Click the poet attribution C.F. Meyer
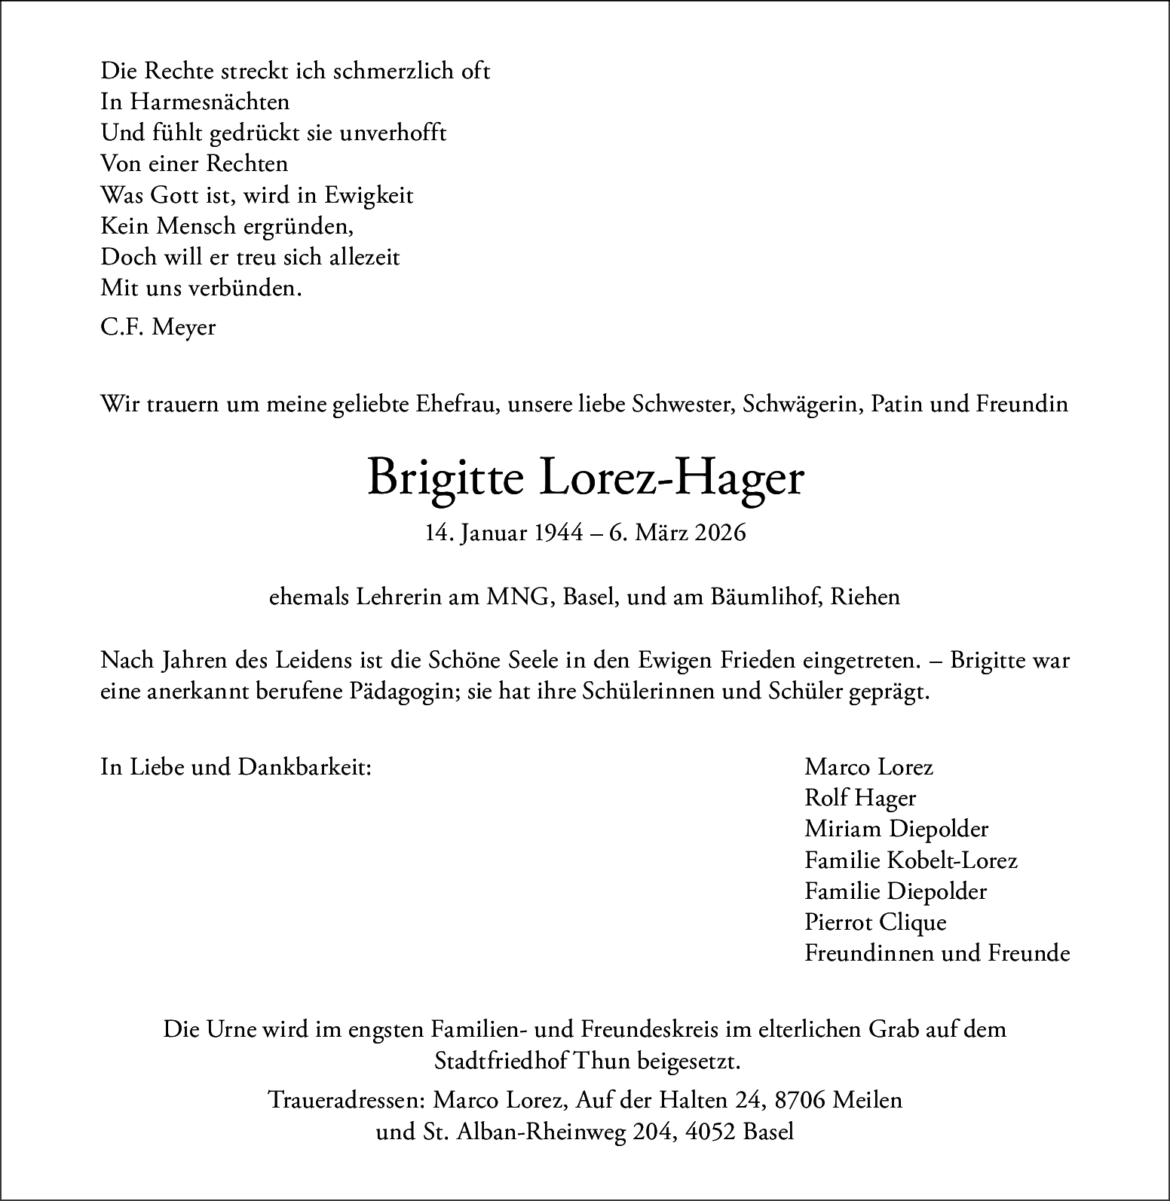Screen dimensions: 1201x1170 click(158, 327)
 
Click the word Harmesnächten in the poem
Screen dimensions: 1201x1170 click(210, 102)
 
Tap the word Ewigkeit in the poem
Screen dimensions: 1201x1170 click(369, 195)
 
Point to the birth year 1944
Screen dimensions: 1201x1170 click(559, 533)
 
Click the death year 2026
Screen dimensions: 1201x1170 click(721, 533)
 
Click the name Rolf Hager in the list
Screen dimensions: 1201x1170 click(860, 798)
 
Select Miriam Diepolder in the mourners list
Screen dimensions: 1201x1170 click(896, 829)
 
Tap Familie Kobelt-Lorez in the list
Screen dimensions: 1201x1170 click(911, 860)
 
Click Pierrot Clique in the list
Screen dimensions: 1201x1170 click(875, 922)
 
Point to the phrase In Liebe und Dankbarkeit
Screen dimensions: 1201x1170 click(236, 767)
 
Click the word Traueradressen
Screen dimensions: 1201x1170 click(348, 1100)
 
